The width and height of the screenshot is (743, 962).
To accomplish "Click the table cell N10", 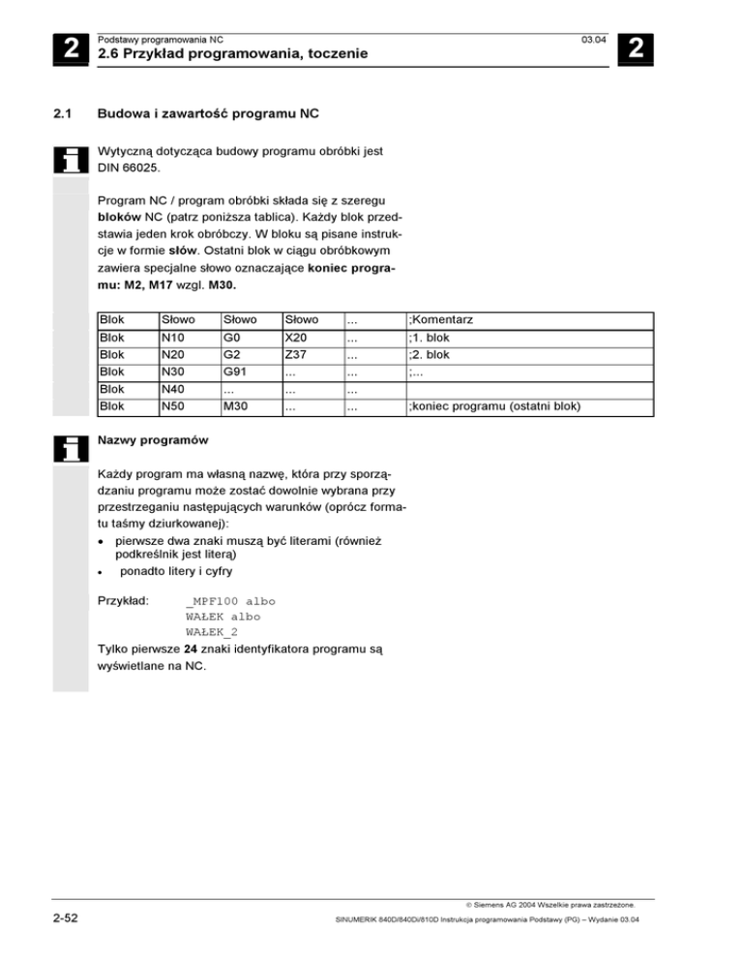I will (x=173, y=339).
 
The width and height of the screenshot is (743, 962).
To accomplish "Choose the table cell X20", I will (x=296, y=339).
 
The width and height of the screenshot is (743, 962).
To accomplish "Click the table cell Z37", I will (x=295, y=355).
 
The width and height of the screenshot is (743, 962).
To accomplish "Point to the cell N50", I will (x=173, y=406).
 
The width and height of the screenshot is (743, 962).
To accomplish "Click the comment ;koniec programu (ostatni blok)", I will (x=494, y=406).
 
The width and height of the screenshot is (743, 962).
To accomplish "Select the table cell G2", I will (x=232, y=355).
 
